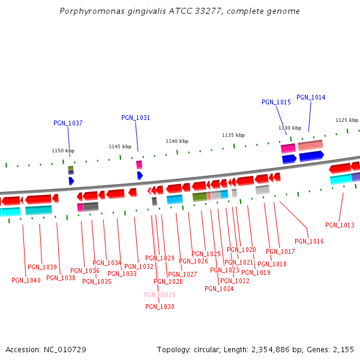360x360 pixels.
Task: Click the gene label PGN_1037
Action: [68, 123]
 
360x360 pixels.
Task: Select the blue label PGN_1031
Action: [136, 118]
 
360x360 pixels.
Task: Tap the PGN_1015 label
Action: [276, 102]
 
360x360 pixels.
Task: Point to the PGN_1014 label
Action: [311, 97]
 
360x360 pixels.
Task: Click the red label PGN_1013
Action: [340, 225]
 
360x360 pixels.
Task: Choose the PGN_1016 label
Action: [309, 241]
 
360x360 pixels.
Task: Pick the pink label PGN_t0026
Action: [160, 295]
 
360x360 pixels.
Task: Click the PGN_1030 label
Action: [160, 307]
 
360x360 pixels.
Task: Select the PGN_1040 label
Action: [26, 280]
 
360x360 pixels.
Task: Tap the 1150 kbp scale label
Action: [63, 151]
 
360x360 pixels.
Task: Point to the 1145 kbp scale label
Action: [120, 146]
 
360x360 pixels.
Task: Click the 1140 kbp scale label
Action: [177, 141]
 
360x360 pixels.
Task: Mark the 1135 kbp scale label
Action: [233, 135]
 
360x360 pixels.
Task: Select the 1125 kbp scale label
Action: [347, 120]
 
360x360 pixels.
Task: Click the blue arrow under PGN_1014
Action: [311, 156]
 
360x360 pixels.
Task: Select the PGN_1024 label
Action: [219, 289]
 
